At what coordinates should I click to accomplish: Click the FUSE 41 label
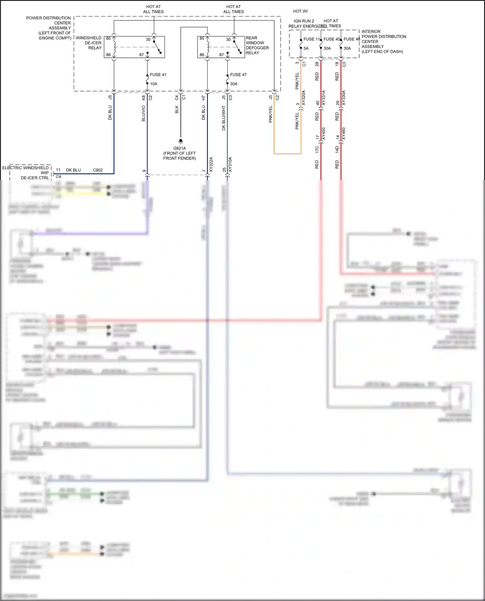point(158,75)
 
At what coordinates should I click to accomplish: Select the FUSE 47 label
point(238,75)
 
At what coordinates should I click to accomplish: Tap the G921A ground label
point(179,149)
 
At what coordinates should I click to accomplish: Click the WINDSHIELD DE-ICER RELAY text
point(89,43)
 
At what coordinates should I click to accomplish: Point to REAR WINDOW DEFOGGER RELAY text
point(257,45)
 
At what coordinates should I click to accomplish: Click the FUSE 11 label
point(312,39)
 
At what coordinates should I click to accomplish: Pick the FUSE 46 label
point(352,39)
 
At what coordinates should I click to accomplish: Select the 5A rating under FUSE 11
point(306,48)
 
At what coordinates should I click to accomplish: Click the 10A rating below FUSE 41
point(154,84)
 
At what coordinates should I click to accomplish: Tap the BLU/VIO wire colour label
point(144,113)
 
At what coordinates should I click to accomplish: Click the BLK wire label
point(177,109)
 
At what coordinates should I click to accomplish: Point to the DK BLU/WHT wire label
point(224,118)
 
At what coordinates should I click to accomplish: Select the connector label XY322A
point(211,164)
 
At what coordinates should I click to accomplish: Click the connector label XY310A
point(230,164)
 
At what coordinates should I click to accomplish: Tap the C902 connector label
point(98,170)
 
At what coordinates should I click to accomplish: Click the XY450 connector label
point(324,134)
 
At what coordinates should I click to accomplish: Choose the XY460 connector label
point(344,134)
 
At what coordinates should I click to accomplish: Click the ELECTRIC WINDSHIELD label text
point(25,168)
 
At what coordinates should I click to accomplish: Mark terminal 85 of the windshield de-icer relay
point(109,38)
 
